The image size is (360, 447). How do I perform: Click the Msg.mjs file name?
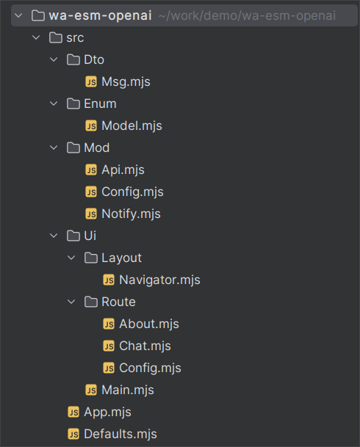pyautogui.click(x=126, y=81)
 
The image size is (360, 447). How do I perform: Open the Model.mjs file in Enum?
pyautogui.click(x=132, y=126)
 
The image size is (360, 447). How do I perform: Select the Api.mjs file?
pyautogui.click(x=123, y=170)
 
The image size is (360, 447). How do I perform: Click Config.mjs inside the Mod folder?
pyautogui.click(x=132, y=192)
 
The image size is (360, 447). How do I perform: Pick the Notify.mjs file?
pyautogui.click(x=131, y=214)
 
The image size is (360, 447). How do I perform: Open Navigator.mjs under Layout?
pyautogui.click(x=159, y=280)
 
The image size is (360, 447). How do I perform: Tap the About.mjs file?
pyautogui.click(x=149, y=324)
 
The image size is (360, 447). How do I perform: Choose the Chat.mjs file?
pyautogui.click(x=145, y=346)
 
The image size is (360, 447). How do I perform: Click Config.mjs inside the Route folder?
pyautogui.click(x=150, y=368)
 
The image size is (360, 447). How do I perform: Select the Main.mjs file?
pyautogui.click(x=128, y=390)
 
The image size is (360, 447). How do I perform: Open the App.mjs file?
pyautogui.click(x=107, y=413)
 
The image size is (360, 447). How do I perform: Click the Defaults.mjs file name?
pyautogui.click(x=120, y=435)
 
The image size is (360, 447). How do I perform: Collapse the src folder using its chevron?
pyautogui.click(x=36, y=37)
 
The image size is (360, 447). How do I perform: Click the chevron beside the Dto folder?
pyautogui.click(x=54, y=59)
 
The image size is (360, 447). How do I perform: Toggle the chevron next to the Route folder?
pyautogui.click(x=71, y=302)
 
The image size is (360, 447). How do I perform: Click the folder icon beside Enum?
pyautogui.click(x=73, y=103)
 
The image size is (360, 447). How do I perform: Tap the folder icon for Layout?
pyautogui.click(x=91, y=258)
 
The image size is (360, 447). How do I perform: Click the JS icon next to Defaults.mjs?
pyautogui.click(x=73, y=435)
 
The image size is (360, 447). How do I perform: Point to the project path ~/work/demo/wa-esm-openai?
pyautogui.click(x=247, y=15)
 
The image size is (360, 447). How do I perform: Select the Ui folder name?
pyautogui.click(x=90, y=236)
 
